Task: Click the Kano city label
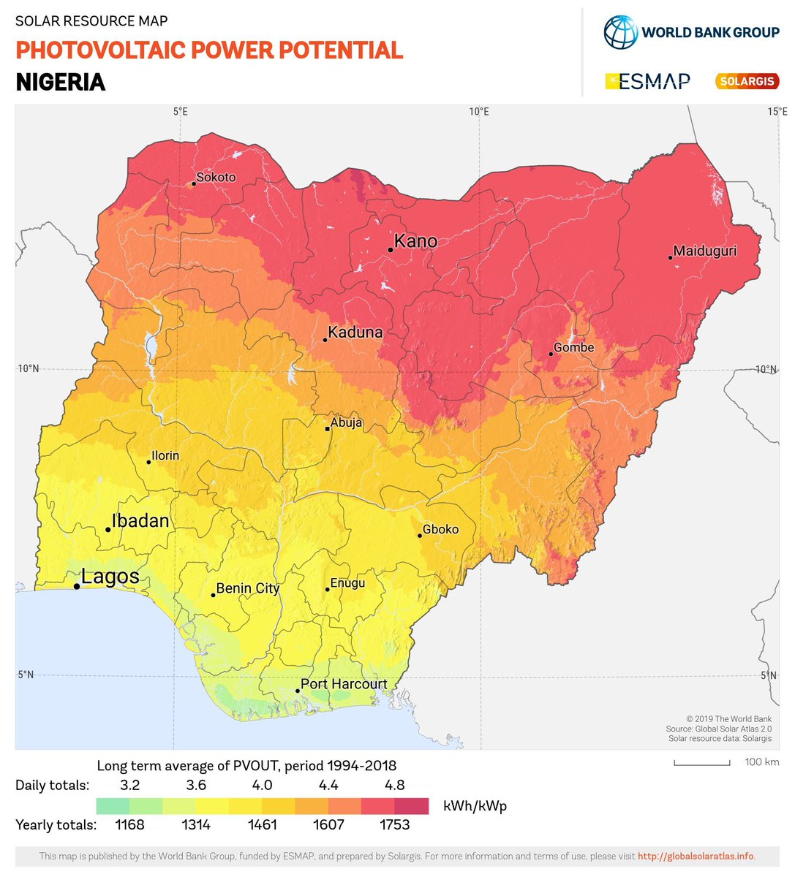coord(415,241)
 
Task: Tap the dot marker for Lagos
coord(77,586)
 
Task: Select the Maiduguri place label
coord(704,251)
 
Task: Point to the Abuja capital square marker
coord(328,429)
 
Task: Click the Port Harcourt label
coord(344,684)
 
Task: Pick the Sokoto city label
coord(216,177)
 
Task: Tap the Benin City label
coord(247,588)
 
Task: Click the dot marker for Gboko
coord(420,536)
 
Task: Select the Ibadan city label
coord(140,521)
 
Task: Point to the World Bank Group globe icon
coord(620,32)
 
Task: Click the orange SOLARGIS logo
coord(747,81)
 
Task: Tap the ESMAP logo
coord(648,81)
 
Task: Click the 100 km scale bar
coord(701,763)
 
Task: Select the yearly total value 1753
coord(394,824)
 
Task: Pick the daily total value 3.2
coord(129,785)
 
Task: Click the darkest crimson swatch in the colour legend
coord(411,806)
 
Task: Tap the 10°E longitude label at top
coord(479,112)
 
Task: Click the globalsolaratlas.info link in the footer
coord(695,856)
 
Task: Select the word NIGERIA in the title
coord(61,82)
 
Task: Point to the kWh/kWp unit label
coord(475,806)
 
